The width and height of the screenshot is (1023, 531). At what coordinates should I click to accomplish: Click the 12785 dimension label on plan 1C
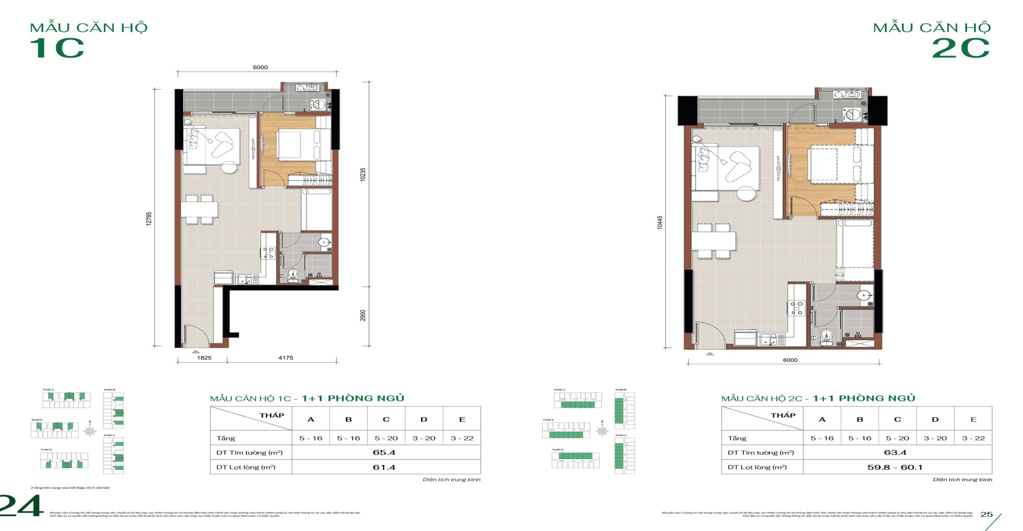point(149,218)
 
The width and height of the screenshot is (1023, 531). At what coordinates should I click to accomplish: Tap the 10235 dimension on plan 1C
point(362,174)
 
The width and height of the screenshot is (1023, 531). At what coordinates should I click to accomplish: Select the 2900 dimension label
point(362,315)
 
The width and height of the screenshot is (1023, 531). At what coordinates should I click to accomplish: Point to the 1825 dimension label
point(204,358)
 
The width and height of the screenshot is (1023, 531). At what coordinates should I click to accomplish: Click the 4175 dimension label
point(286,358)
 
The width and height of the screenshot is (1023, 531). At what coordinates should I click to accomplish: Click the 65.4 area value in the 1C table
point(384,453)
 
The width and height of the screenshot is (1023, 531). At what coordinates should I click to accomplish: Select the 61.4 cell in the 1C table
point(384,467)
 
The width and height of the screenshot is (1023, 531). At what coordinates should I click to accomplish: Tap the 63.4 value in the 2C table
point(895,453)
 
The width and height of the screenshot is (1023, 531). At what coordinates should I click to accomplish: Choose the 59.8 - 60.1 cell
point(895,467)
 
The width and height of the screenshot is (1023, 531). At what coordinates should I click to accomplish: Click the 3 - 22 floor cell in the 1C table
point(462,438)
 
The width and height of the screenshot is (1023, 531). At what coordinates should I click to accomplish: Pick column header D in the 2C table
point(935,419)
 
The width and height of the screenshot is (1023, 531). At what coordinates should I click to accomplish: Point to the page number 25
point(987,514)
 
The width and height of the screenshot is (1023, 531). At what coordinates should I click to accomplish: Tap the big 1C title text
point(57,48)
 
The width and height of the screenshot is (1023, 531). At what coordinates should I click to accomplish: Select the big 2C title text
point(961,48)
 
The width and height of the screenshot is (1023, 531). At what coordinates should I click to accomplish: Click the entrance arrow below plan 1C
point(195,351)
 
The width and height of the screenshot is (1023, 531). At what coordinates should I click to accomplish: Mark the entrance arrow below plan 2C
point(710,354)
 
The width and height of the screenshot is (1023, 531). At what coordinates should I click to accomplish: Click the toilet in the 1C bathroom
point(293,275)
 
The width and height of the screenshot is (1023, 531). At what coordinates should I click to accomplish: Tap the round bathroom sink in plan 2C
point(864,296)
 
